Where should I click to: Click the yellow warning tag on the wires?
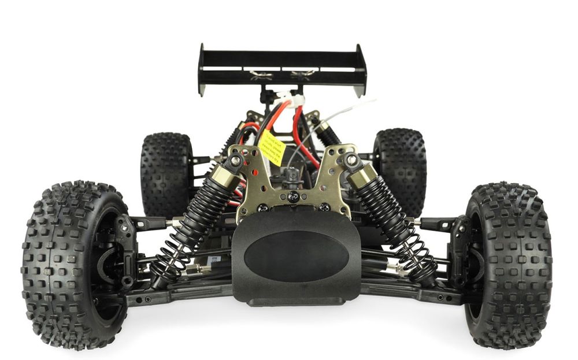[271, 146]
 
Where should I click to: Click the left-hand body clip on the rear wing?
[258, 74]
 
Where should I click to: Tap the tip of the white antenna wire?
[374, 101]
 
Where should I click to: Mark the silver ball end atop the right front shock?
[351, 160]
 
